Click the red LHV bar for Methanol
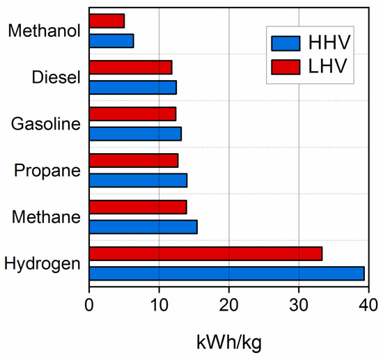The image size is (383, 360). click(x=107, y=21)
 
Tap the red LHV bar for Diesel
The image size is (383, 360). click(x=130, y=67)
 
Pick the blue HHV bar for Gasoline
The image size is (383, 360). click(x=135, y=133)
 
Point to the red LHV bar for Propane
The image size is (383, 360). click(x=134, y=160)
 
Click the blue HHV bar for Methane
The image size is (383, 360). click(x=143, y=226)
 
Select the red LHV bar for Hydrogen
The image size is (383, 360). click(x=205, y=253)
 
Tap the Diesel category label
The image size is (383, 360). click(x=56, y=77)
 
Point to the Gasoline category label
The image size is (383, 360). click(x=46, y=124)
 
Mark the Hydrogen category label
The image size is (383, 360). click(x=42, y=264)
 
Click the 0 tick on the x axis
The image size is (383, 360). click(x=89, y=304)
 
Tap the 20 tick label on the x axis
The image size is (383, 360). click(x=228, y=304)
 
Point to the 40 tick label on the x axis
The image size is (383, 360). click(x=368, y=304)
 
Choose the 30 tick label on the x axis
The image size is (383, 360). click(x=298, y=304)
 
